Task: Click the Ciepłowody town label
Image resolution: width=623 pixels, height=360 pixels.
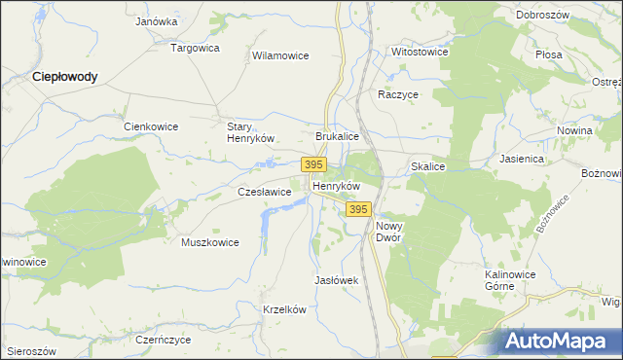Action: coord(65,76)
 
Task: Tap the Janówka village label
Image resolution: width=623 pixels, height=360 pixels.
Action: coord(157,21)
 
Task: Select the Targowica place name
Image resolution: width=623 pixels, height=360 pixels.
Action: coord(196,47)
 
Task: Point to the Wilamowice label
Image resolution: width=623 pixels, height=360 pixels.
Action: coord(280,56)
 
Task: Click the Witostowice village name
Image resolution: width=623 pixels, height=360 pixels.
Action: coord(420,51)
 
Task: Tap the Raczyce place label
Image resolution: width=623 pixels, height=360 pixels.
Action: coord(398,95)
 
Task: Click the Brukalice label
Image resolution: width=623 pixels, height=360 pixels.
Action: coord(338,138)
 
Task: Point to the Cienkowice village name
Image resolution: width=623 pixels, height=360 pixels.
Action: coord(150,126)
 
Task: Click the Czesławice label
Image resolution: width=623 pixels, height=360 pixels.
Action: coord(265,193)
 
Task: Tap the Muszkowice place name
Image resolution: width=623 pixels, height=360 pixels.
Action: coord(210,242)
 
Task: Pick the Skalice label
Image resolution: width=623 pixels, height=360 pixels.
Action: coord(427,167)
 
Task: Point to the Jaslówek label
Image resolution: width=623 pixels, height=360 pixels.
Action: coord(337,280)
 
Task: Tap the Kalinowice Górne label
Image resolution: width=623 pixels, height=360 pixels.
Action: coord(513,281)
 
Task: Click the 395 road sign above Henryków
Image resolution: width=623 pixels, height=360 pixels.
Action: coord(313,165)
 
